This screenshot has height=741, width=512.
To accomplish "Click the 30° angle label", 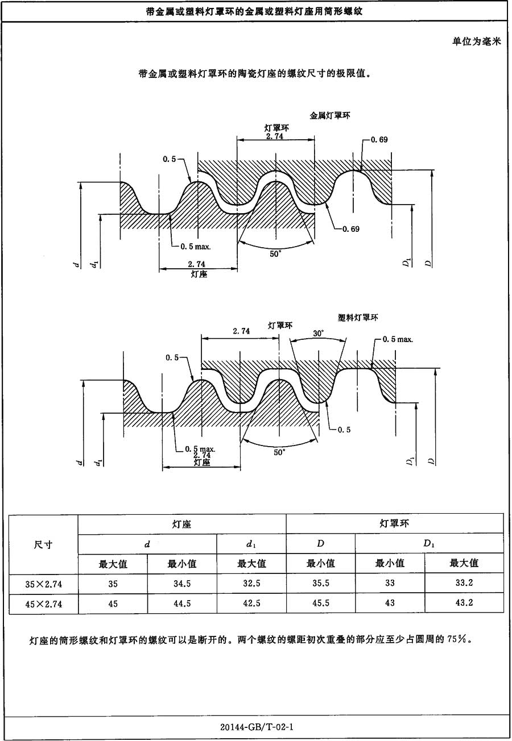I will (x=318, y=334).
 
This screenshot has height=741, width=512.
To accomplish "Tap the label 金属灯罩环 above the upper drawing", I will (x=329, y=115).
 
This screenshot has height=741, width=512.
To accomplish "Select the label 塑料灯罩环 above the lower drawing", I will (x=358, y=318).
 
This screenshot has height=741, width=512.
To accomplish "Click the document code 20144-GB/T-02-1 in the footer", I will (x=255, y=727).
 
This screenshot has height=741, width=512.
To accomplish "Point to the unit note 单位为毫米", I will (x=476, y=41).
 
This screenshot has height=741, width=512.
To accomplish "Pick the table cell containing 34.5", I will (x=182, y=583).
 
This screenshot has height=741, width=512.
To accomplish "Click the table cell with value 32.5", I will (x=251, y=583).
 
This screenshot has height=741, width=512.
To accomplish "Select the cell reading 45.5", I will (x=321, y=603).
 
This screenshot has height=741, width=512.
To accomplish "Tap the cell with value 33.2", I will (x=464, y=582).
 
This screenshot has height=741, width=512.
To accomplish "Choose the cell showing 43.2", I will (x=464, y=603).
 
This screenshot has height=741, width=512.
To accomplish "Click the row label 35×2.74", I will (x=44, y=584).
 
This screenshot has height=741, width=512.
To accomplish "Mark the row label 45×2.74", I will (x=44, y=603).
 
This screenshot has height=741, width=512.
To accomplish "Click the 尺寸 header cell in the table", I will (x=44, y=544).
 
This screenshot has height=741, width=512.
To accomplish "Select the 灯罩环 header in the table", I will (x=394, y=523).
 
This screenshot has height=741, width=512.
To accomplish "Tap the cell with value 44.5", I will (x=182, y=603).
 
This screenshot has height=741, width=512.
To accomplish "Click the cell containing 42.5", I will (x=251, y=603).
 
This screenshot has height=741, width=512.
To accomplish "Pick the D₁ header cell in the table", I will (x=429, y=544).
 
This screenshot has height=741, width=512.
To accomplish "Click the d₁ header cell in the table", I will (x=251, y=544).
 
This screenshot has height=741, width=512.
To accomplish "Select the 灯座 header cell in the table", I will (x=182, y=523).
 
